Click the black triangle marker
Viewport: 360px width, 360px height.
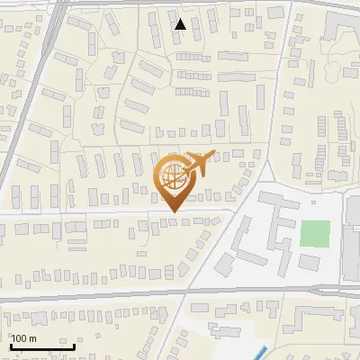click(x=181, y=24)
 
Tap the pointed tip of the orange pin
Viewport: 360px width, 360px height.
click(x=173, y=212)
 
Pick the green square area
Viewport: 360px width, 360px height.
click(x=314, y=233)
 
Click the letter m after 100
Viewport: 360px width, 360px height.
click(x=32, y=338)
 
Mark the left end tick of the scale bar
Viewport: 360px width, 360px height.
click(x=10, y=346)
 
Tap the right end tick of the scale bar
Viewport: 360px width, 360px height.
click(x=75, y=346)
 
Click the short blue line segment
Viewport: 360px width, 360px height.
click(x=260, y=352)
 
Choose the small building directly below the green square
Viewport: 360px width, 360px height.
click(x=310, y=262)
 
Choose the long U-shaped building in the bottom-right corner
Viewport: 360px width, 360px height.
click(x=324, y=319)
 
